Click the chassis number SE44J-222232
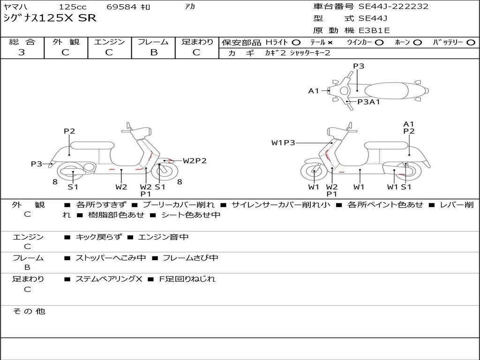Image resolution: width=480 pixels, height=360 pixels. click(393, 7)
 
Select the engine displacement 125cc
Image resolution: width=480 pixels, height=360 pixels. click(73, 7)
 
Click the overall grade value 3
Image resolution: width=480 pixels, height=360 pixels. click(22, 52)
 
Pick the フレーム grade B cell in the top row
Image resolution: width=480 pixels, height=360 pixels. click(154, 52)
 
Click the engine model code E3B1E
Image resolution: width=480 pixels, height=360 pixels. click(374, 30)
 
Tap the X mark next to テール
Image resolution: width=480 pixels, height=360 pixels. click(330, 43)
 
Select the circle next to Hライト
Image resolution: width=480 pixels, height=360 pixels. click(296, 43)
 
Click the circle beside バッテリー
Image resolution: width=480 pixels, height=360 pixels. click(471, 43)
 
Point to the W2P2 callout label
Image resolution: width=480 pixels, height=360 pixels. click(195, 161)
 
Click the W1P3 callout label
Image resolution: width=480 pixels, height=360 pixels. click(283, 142)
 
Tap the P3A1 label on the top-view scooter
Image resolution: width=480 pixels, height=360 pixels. click(368, 102)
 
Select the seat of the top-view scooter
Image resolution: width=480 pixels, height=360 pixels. click(386, 91)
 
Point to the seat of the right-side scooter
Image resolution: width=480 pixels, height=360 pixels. click(386, 145)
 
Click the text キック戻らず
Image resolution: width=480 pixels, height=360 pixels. click(98, 237)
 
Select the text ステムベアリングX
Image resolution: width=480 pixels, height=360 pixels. click(109, 279)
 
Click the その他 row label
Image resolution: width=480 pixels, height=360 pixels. click(29, 311)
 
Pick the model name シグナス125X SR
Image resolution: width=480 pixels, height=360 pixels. click(50, 18)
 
